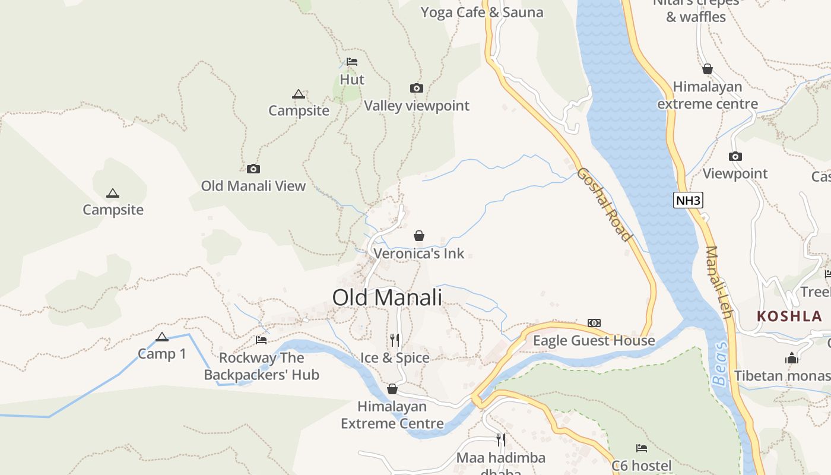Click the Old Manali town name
click(x=387, y=297)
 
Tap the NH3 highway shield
click(x=689, y=200)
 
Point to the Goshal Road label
click(x=604, y=204)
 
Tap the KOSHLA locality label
click(x=789, y=316)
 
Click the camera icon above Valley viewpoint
click(x=417, y=88)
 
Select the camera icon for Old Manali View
click(x=253, y=169)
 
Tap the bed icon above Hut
click(x=352, y=62)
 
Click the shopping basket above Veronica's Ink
click(x=419, y=236)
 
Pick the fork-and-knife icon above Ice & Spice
click(x=395, y=340)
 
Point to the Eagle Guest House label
click(x=594, y=340)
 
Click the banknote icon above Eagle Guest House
click(x=594, y=323)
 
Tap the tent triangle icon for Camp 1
click(x=162, y=337)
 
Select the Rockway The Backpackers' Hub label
click(x=261, y=366)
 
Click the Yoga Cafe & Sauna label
click(x=481, y=12)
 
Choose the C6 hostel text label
click(x=642, y=465)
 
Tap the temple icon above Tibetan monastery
click(x=792, y=358)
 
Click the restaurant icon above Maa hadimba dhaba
click(x=501, y=440)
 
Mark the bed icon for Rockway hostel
click(x=261, y=340)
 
